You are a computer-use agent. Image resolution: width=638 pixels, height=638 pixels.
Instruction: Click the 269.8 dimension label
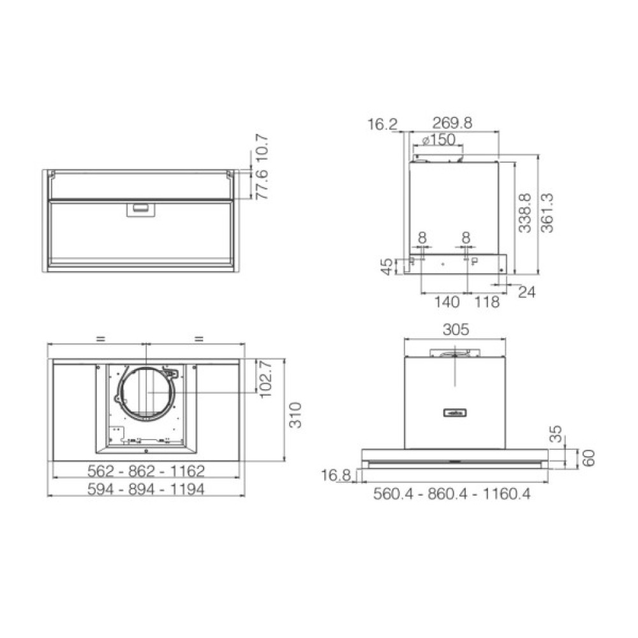[452, 122]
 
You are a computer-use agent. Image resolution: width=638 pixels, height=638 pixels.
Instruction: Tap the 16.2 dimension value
[382, 124]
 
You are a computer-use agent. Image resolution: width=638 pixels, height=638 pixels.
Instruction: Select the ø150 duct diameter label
[439, 140]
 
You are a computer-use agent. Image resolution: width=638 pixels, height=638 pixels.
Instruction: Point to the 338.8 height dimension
[524, 213]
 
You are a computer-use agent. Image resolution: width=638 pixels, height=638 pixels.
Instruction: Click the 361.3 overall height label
[547, 213]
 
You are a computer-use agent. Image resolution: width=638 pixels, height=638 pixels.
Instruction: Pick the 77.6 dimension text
[262, 184]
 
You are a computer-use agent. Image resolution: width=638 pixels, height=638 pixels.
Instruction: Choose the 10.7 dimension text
[262, 149]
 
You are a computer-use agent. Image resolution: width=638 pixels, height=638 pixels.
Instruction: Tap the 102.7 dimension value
[265, 379]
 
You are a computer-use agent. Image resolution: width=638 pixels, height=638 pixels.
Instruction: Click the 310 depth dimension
[295, 415]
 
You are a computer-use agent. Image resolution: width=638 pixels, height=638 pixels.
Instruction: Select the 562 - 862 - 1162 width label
[146, 471]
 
